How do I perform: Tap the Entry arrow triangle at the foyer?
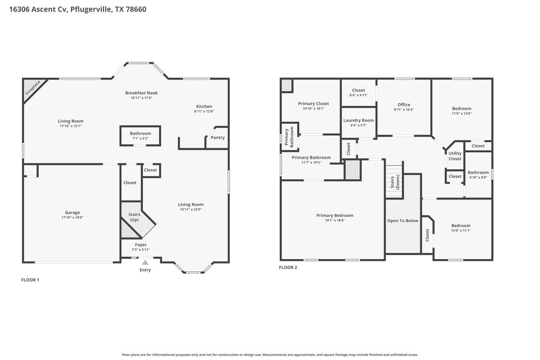(x=145, y=263)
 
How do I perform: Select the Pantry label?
(x=217, y=138)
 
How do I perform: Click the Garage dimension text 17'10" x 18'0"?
(x=72, y=217)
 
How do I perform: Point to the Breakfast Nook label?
(x=141, y=93)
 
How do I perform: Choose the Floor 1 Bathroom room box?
(x=140, y=136)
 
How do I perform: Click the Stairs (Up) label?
(x=134, y=217)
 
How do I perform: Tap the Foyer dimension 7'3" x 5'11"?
(x=140, y=249)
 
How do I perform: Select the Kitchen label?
(x=204, y=106)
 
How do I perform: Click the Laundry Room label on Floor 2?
(x=358, y=120)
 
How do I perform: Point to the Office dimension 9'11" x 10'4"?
(x=404, y=110)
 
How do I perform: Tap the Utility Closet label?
(x=455, y=156)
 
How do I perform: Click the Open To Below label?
(x=402, y=221)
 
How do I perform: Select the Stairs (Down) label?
(x=395, y=182)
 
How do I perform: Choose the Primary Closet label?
(x=313, y=104)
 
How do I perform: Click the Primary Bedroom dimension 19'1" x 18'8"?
(x=335, y=220)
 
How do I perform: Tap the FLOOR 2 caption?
(x=288, y=267)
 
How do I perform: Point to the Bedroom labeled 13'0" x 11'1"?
(x=461, y=226)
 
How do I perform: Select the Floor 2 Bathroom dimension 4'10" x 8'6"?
(x=478, y=177)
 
